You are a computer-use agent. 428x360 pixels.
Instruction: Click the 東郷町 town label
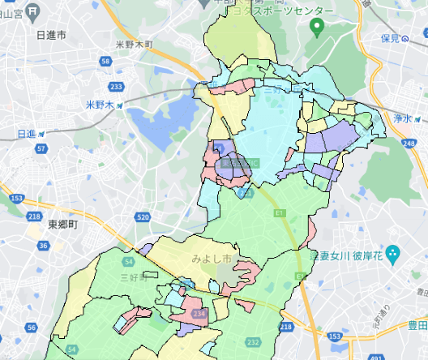(62, 224)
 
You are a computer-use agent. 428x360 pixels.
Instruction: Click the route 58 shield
(105, 62)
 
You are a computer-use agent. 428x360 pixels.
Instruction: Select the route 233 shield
(117, 86)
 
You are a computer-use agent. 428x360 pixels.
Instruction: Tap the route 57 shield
(41, 149)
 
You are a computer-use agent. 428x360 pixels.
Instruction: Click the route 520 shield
(143, 217)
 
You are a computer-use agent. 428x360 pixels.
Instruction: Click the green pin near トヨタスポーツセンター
(318, 28)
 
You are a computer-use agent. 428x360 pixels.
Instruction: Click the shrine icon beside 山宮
(32, 11)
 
